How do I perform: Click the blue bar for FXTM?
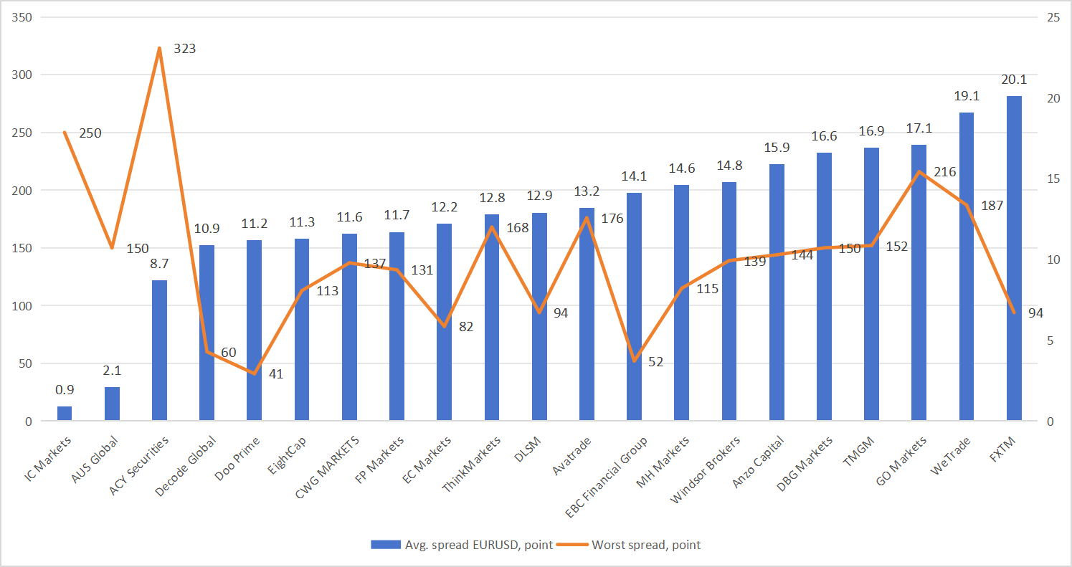(x=1014, y=258)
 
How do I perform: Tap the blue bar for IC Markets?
(x=65, y=414)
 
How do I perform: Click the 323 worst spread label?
(x=184, y=49)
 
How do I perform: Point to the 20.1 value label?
(x=1014, y=80)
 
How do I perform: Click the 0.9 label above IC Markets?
(x=65, y=390)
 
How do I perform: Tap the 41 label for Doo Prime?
(x=276, y=373)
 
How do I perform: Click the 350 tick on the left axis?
(x=23, y=17)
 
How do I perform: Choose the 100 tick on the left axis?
(x=23, y=306)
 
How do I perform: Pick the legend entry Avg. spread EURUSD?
(x=462, y=545)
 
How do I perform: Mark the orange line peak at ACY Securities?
(x=159, y=48)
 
